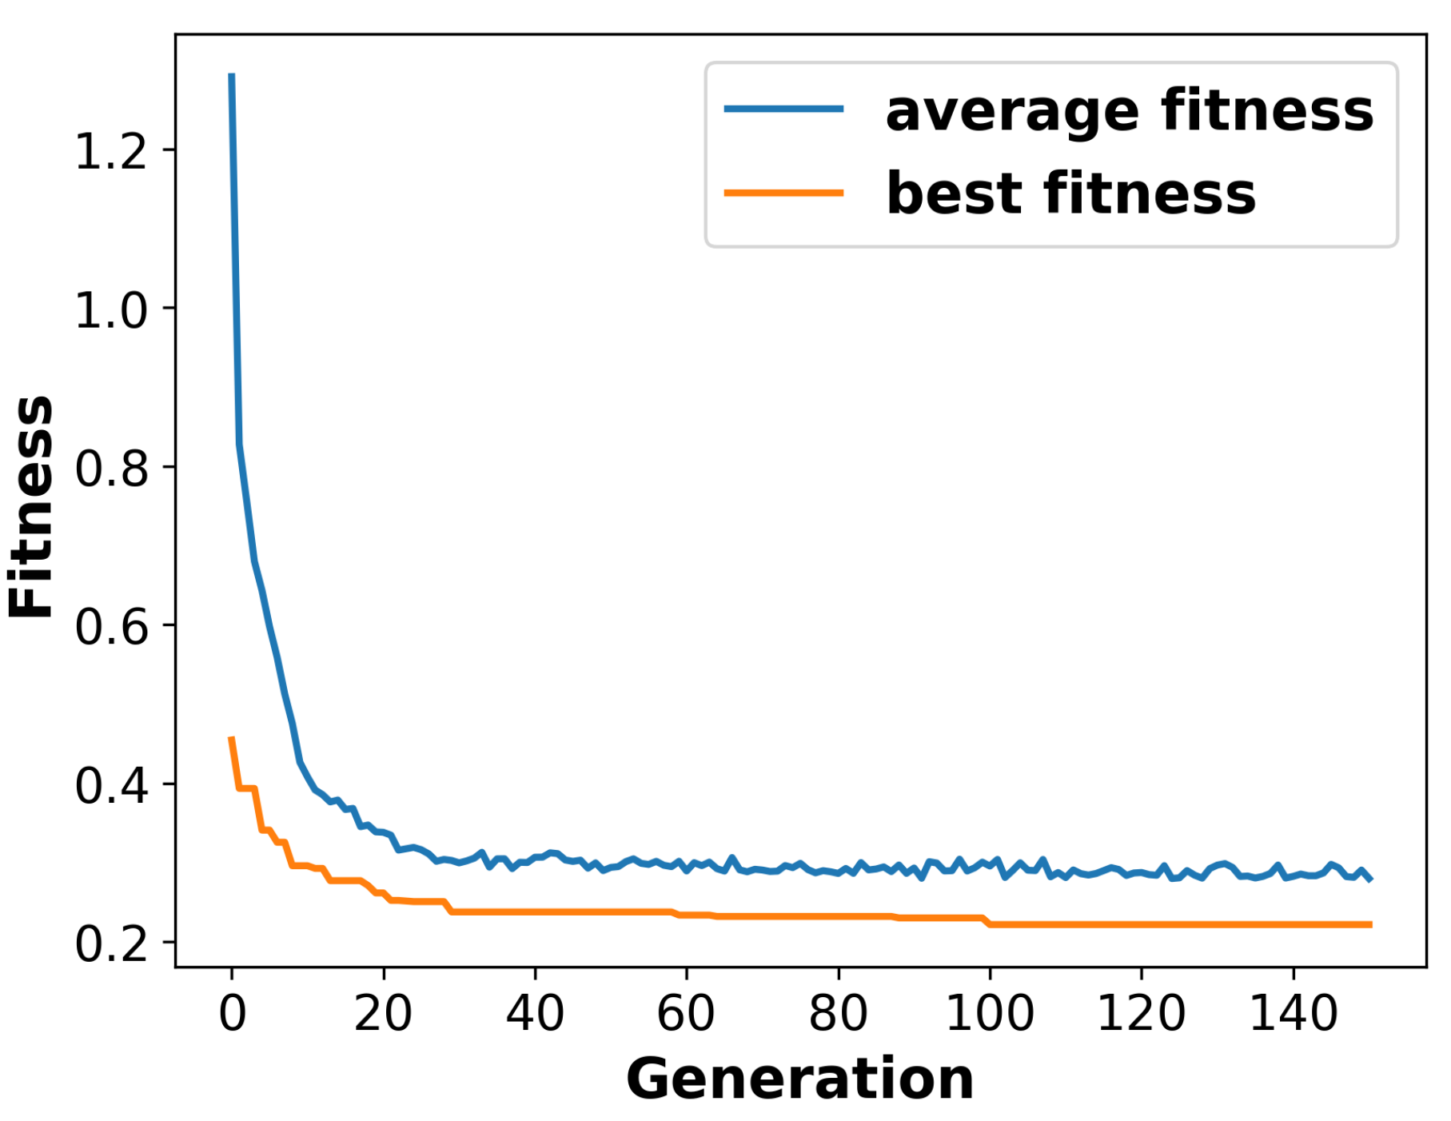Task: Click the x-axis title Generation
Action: tap(799, 1079)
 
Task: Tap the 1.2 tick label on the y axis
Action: tap(111, 151)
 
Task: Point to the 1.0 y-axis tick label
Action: tap(111, 309)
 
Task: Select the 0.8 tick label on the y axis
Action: tap(111, 468)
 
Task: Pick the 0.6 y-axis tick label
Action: tap(111, 626)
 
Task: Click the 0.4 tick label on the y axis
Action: tap(111, 784)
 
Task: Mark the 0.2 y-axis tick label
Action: tap(111, 943)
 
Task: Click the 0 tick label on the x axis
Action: tap(233, 1013)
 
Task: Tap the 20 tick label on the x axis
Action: tap(383, 1013)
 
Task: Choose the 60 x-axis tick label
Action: tap(686, 1013)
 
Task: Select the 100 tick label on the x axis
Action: tap(990, 1013)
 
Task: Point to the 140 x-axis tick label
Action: tap(1293, 1013)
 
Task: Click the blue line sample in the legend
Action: tap(783, 109)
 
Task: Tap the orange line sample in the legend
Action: tap(783, 193)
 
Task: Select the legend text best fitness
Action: tap(1070, 193)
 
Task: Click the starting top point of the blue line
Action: tap(232, 75)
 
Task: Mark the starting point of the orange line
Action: tap(232, 738)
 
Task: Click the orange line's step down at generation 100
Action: tap(988, 921)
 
